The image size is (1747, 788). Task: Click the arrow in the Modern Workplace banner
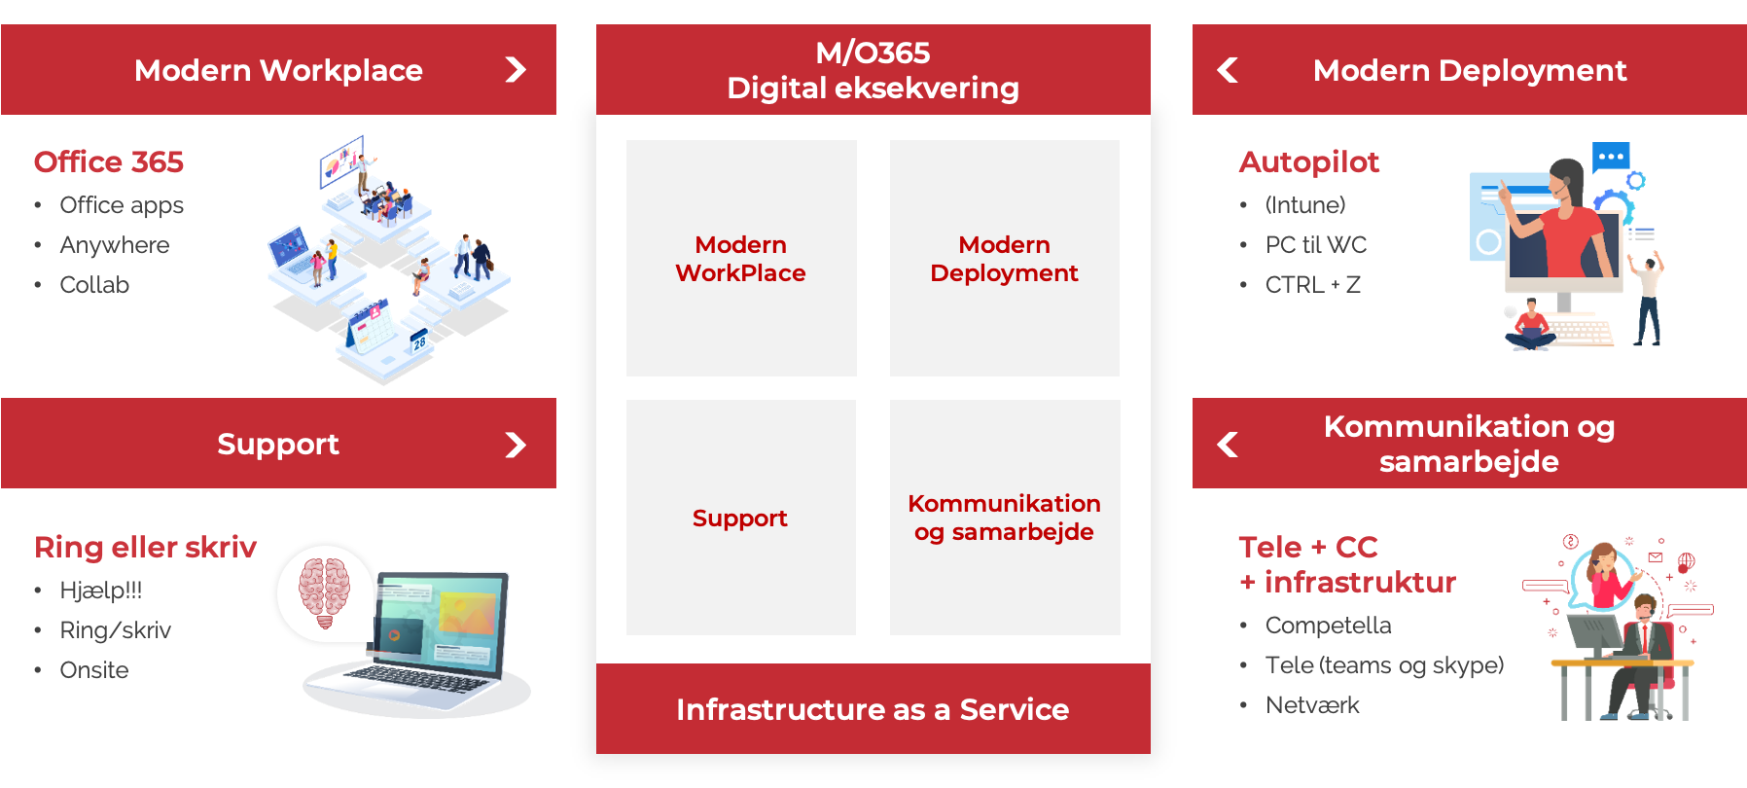coord(516,70)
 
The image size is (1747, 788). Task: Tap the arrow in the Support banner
coord(516,445)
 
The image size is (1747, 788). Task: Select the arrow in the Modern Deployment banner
coord(1228,70)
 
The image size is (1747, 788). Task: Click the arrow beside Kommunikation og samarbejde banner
coord(1228,445)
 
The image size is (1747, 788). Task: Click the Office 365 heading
coord(109,161)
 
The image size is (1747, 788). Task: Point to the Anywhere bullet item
coord(115,245)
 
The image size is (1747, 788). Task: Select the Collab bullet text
coord(94,285)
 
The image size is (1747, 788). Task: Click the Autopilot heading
coord(1309,162)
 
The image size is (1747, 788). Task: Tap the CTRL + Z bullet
coord(1313,285)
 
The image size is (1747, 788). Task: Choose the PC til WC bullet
coord(1316,245)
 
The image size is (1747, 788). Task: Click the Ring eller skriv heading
coord(146,548)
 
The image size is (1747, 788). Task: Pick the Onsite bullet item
coord(94,670)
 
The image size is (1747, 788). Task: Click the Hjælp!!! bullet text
coord(101,591)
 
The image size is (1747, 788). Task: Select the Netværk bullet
coord(1312,705)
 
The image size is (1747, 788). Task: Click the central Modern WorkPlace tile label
coord(741,259)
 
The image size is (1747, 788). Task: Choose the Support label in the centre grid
coord(740,519)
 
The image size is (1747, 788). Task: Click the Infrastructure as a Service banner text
coord(873,709)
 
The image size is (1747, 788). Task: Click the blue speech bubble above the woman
coord(1611,157)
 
